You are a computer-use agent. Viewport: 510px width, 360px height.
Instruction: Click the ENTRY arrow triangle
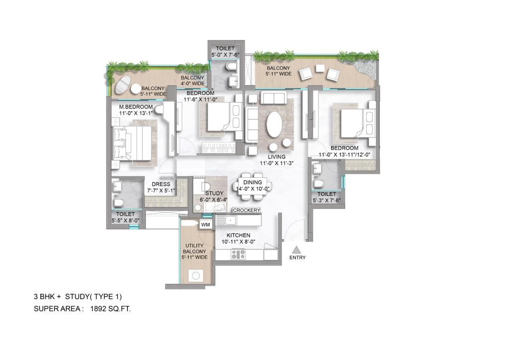(296, 250)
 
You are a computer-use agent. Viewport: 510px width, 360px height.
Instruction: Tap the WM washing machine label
(205, 225)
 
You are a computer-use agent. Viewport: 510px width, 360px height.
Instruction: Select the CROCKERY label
(247, 211)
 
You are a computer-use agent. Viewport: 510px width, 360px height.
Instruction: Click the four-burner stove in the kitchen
(238, 254)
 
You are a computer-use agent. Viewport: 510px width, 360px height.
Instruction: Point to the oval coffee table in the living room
(273, 123)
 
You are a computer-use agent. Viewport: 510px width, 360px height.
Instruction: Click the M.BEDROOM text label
(135, 110)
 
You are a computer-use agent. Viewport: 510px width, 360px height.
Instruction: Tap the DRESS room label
(160, 187)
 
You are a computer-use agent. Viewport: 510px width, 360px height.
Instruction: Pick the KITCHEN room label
(238, 239)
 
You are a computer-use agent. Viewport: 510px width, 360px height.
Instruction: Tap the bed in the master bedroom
(132, 143)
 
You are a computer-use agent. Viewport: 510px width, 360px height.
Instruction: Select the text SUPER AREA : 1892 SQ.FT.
(82, 309)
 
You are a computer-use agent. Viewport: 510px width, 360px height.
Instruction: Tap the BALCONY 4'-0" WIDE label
(192, 81)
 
